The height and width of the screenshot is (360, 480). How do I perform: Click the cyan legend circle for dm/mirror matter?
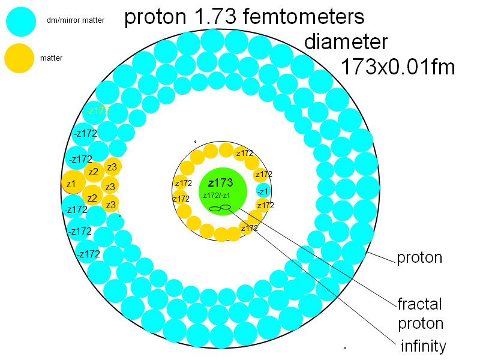pyautogui.click(x=21, y=21)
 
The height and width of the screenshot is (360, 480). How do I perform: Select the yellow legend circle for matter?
pyautogui.click(x=19, y=58)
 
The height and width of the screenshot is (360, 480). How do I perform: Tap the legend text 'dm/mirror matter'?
pyautogui.click(x=76, y=21)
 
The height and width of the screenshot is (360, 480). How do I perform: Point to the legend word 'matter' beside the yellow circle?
pyautogui.click(x=51, y=58)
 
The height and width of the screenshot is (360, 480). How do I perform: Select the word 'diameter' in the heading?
pyautogui.click(x=346, y=42)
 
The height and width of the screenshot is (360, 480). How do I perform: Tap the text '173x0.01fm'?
pyautogui.click(x=397, y=67)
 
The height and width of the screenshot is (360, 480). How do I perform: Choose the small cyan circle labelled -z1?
pyautogui.click(x=263, y=191)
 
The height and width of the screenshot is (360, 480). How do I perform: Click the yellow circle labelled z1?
pyautogui.click(x=71, y=183)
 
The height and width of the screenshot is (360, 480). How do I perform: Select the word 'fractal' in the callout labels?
pyautogui.click(x=420, y=303)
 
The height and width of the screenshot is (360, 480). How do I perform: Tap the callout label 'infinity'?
pyautogui.click(x=424, y=346)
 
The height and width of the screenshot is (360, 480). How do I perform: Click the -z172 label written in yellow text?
pyautogui.click(x=98, y=110)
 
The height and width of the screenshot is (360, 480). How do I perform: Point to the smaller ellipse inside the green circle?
pyautogui.click(x=226, y=207)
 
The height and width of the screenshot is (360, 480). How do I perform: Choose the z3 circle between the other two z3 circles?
pyautogui.click(x=109, y=186)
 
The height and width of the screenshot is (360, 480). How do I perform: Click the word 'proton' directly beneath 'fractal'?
pyautogui.click(x=421, y=324)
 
